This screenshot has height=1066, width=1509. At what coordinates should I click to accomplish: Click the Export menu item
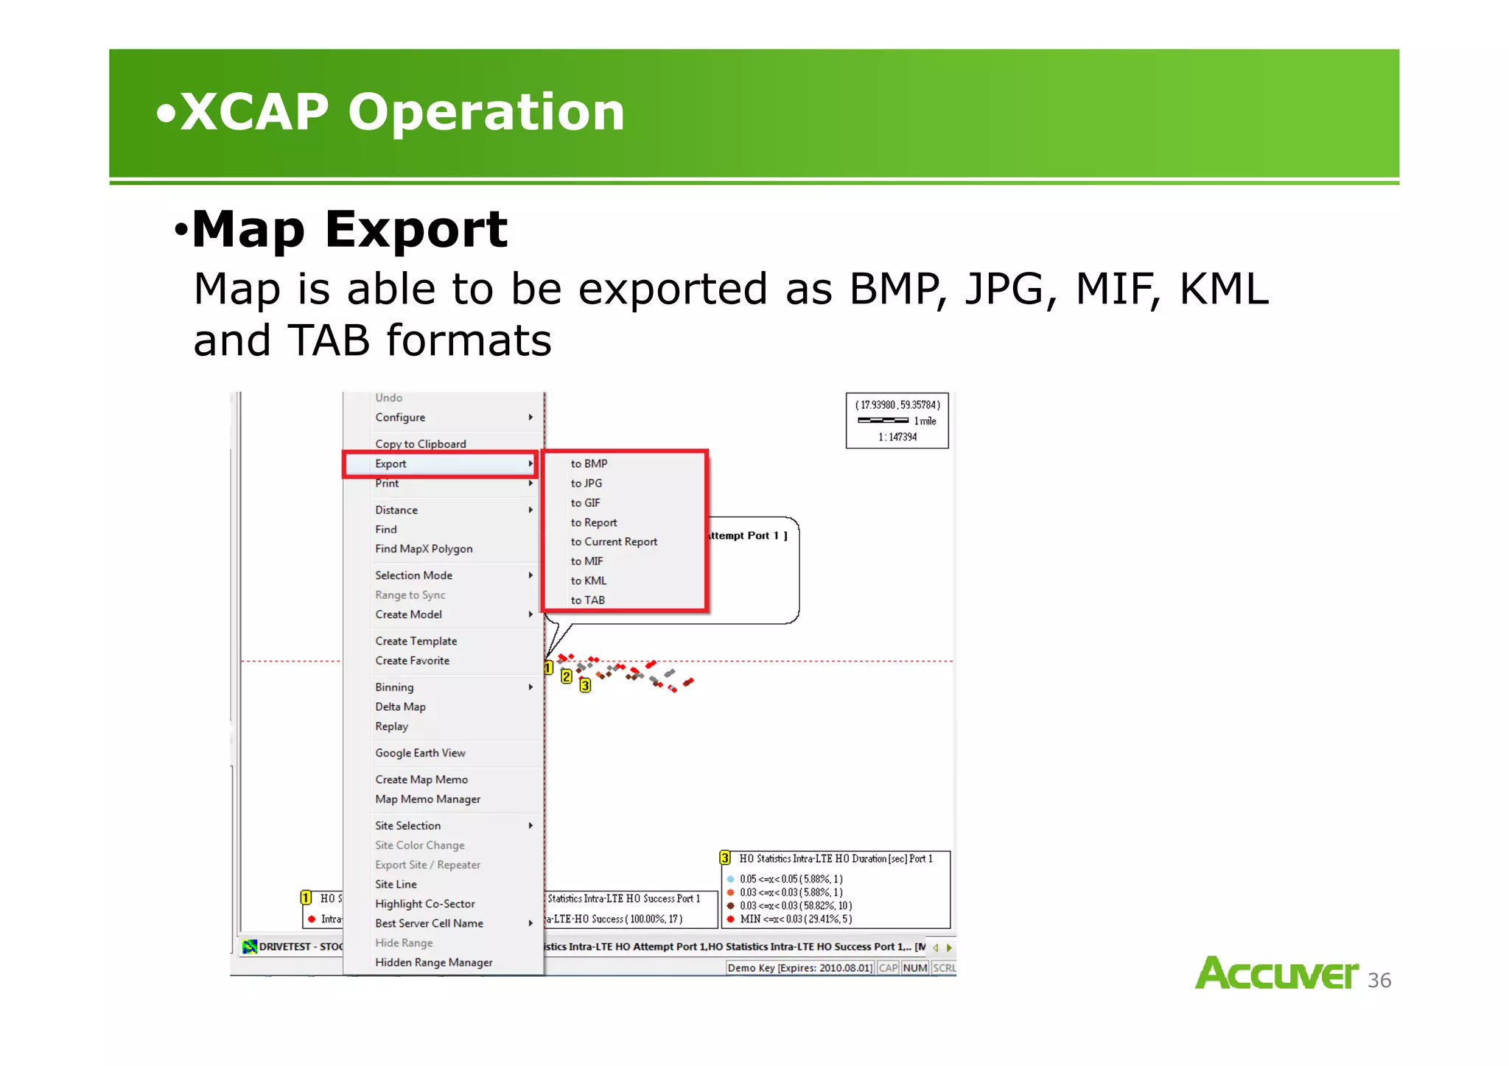(x=391, y=464)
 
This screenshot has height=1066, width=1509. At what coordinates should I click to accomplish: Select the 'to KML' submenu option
(x=589, y=581)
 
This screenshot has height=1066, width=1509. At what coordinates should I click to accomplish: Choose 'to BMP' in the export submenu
(x=589, y=464)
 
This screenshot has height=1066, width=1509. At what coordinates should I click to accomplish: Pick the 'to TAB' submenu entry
(x=588, y=600)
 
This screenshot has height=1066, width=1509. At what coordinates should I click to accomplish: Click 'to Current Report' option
(x=614, y=541)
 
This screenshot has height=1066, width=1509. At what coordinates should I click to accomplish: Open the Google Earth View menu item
(x=420, y=753)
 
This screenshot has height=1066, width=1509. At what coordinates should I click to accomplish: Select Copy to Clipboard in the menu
(x=421, y=444)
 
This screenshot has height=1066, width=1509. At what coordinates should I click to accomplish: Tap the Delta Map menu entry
(x=400, y=706)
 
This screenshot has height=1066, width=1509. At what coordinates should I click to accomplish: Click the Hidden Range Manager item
(x=433, y=962)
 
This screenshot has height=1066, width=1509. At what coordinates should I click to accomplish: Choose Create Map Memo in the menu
(x=421, y=779)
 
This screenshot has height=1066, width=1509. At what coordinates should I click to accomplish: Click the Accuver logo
(x=1276, y=974)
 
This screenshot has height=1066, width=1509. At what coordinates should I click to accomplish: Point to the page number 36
(x=1379, y=981)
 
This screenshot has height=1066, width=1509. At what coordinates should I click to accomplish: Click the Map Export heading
(x=349, y=230)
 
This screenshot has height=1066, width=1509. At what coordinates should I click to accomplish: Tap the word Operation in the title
(x=486, y=112)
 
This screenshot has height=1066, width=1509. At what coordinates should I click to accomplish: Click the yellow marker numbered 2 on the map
(x=566, y=676)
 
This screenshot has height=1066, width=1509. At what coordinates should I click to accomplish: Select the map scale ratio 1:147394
(x=897, y=437)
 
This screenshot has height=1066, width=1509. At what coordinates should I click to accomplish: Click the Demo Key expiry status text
(x=800, y=968)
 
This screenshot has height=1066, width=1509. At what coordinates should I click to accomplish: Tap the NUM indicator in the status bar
(x=915, y=968)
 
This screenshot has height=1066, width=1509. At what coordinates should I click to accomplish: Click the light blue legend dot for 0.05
(x=730, y=879)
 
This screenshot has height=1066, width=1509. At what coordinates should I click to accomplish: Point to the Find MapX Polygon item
(x=424, y=549)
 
